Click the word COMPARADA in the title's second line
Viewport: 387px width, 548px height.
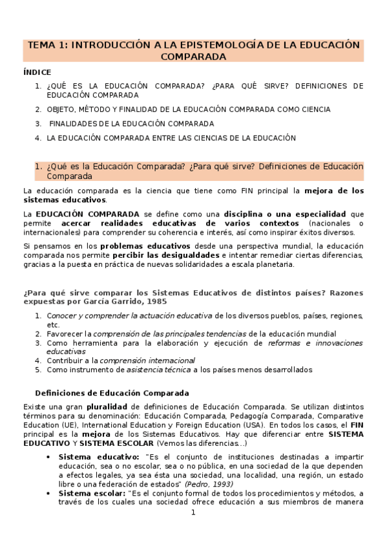click(193, 56)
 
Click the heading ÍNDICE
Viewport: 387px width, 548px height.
click(37, 72)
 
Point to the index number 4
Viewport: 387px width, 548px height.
click(38, 138)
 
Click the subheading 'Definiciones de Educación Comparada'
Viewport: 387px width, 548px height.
click(111, 392)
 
